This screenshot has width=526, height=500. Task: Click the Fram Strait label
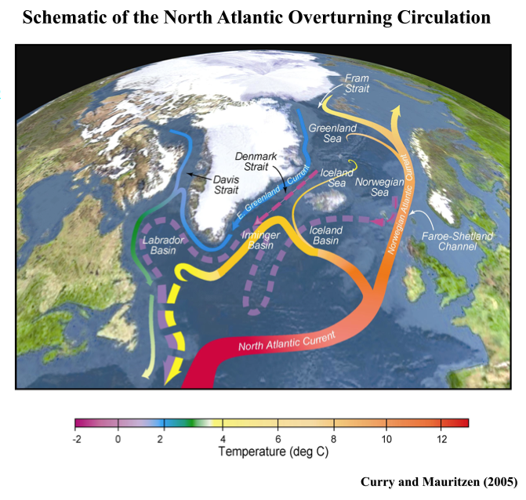coord(362,84)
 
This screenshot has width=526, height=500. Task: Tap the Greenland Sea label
coord(328,133)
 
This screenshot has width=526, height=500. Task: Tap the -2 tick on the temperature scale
coord(75,439)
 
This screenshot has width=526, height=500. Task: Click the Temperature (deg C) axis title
coord(271,452)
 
